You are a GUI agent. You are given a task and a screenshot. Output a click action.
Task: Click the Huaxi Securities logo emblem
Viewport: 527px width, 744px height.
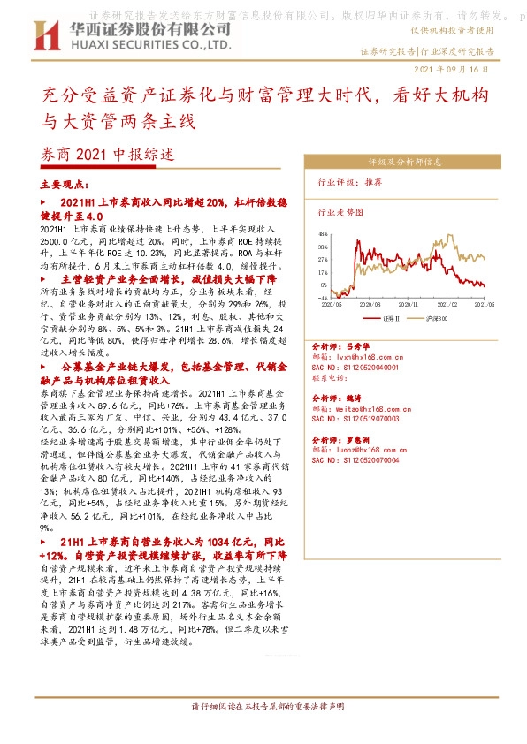(44, 36)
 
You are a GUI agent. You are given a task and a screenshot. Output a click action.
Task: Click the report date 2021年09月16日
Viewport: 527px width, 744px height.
(451, 69)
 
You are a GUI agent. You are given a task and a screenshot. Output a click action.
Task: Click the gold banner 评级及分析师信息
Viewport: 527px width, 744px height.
(406, 163)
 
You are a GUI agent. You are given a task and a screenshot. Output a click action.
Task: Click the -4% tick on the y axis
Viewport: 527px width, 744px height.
(324, 298)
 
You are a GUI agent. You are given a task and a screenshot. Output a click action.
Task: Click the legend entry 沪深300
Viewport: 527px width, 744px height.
(430, 315)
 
